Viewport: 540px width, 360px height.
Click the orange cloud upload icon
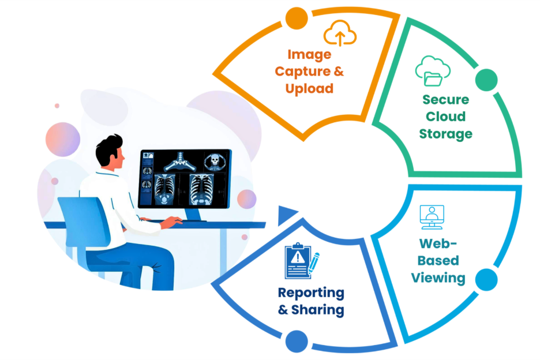[340, 34]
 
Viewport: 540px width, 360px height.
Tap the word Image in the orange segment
[309, 55]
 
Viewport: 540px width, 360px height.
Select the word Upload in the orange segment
[309, 88]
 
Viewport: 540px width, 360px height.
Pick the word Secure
[445, 99]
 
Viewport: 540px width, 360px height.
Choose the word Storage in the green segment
[445, 134]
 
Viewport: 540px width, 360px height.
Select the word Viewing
[438, 277]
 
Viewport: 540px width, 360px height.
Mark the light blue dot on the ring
[487, 280]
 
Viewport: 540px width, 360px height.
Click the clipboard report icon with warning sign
[299, 261]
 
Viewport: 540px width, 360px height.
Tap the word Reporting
[311, 292]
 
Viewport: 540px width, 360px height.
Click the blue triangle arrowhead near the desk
[286, 216]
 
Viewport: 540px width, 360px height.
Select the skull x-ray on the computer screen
[213, 161]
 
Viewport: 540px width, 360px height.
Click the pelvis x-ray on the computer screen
[178, 163]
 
